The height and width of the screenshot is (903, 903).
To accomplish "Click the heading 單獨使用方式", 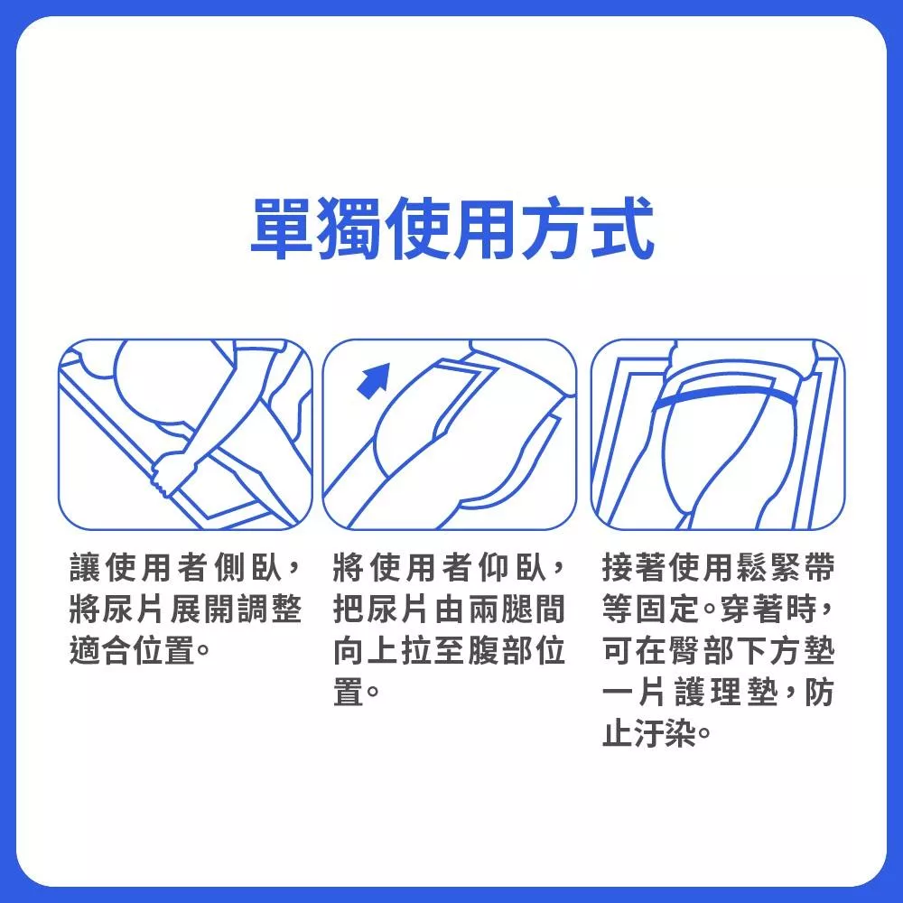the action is coord(452,228).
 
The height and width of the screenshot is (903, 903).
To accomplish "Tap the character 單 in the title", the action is coord(282,228).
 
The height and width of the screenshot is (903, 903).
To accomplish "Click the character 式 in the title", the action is coord(623,228).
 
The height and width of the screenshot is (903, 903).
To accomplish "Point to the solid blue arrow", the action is coord(373,380).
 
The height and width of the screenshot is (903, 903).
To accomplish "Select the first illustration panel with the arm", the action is coord(185,434).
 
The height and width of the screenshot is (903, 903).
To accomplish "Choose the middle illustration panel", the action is coord(449,434).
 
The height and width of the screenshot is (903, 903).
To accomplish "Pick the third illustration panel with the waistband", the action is coord(718,434).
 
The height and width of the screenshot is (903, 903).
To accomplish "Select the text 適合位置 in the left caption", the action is coord(132,651).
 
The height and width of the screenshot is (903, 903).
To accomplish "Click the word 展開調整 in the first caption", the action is coord(236,610).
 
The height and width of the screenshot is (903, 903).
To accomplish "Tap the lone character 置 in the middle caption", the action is coord(349,693).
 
